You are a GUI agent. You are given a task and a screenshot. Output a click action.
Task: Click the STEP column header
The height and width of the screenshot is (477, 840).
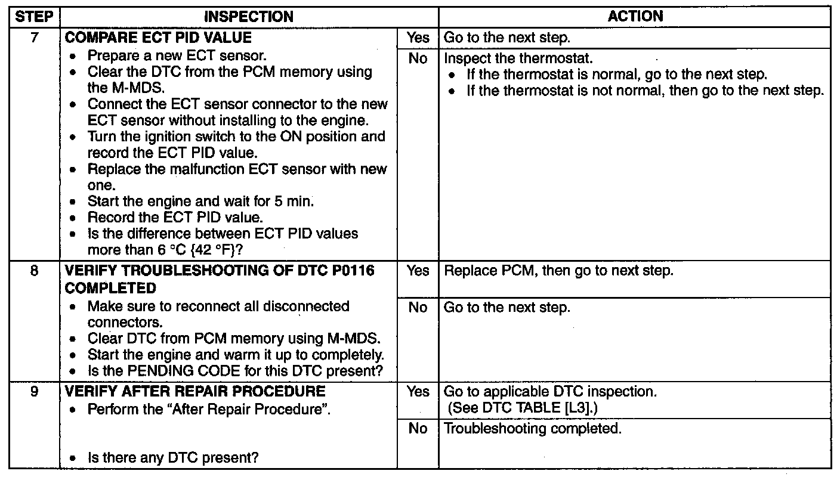33,17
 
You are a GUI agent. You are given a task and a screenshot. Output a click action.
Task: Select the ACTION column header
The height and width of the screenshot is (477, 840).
635,17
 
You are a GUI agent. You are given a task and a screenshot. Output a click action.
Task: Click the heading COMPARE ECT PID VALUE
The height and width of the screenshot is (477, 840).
158,38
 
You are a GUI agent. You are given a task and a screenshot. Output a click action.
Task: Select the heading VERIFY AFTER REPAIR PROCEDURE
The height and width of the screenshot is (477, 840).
195,392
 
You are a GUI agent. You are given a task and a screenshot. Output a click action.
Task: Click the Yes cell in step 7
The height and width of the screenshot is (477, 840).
418,38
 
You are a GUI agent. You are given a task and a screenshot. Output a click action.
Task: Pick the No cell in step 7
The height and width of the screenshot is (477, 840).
418,59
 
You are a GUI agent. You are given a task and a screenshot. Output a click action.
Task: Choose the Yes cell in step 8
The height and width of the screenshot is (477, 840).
418,271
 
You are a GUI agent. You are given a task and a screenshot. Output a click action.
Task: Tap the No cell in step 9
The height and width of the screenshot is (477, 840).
418,429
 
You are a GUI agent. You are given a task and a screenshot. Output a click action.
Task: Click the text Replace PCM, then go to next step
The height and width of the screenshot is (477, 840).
558,271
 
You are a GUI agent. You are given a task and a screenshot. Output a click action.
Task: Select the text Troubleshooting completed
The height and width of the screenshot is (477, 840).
533,429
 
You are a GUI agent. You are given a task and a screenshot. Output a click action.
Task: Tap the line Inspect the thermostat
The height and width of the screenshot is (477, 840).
518,59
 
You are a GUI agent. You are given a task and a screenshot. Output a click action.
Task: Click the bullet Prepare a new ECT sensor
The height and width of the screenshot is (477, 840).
177,56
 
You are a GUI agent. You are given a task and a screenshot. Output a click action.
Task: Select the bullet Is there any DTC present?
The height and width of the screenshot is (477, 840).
173,459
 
